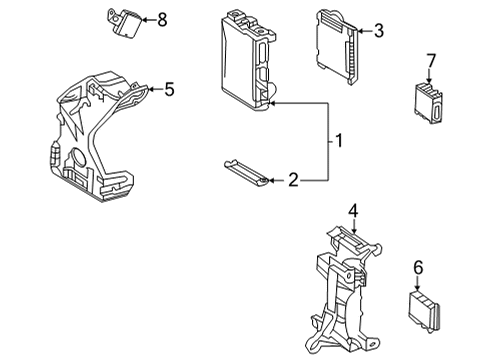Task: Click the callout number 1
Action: [340, 142]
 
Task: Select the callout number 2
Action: [292, 180]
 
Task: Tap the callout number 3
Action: [378, 32]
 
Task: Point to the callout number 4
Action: [353, 211]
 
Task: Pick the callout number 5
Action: [169, 89]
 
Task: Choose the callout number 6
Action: [418, 267]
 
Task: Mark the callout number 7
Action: [430, 63]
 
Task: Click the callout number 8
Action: [162, 18]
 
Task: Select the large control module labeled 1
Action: [244, 62]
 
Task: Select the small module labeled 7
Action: [427, 102]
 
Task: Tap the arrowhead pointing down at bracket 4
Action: [353, 229]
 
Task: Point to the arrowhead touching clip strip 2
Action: [268, 180]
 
